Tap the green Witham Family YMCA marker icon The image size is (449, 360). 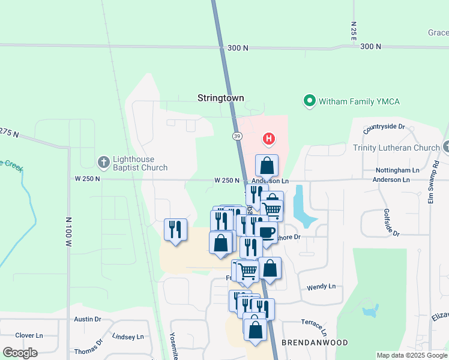[x=310, y=101]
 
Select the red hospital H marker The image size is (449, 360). [x=269, y=139]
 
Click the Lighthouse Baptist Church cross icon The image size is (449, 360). [x=104, y=162]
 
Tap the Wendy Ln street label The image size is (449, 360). [x=321, y=287]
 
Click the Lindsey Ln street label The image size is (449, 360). [x=128, y=337]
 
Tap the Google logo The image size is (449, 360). [x=20, y=353]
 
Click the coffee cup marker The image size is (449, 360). [x=267, y=232]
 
